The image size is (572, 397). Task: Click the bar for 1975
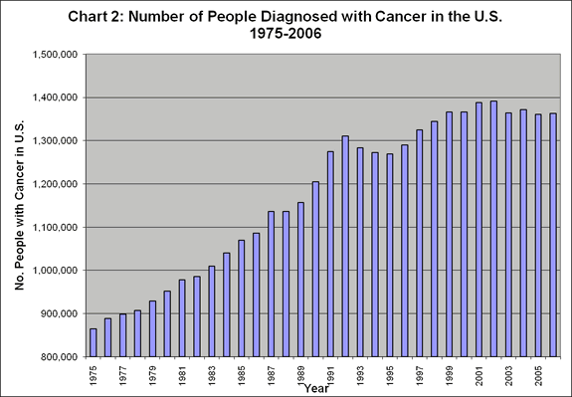(94, 342)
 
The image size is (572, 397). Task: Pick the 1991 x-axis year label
(329, 376)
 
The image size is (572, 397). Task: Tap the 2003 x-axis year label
(508, 376)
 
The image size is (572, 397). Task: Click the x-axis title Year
(318, 386)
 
